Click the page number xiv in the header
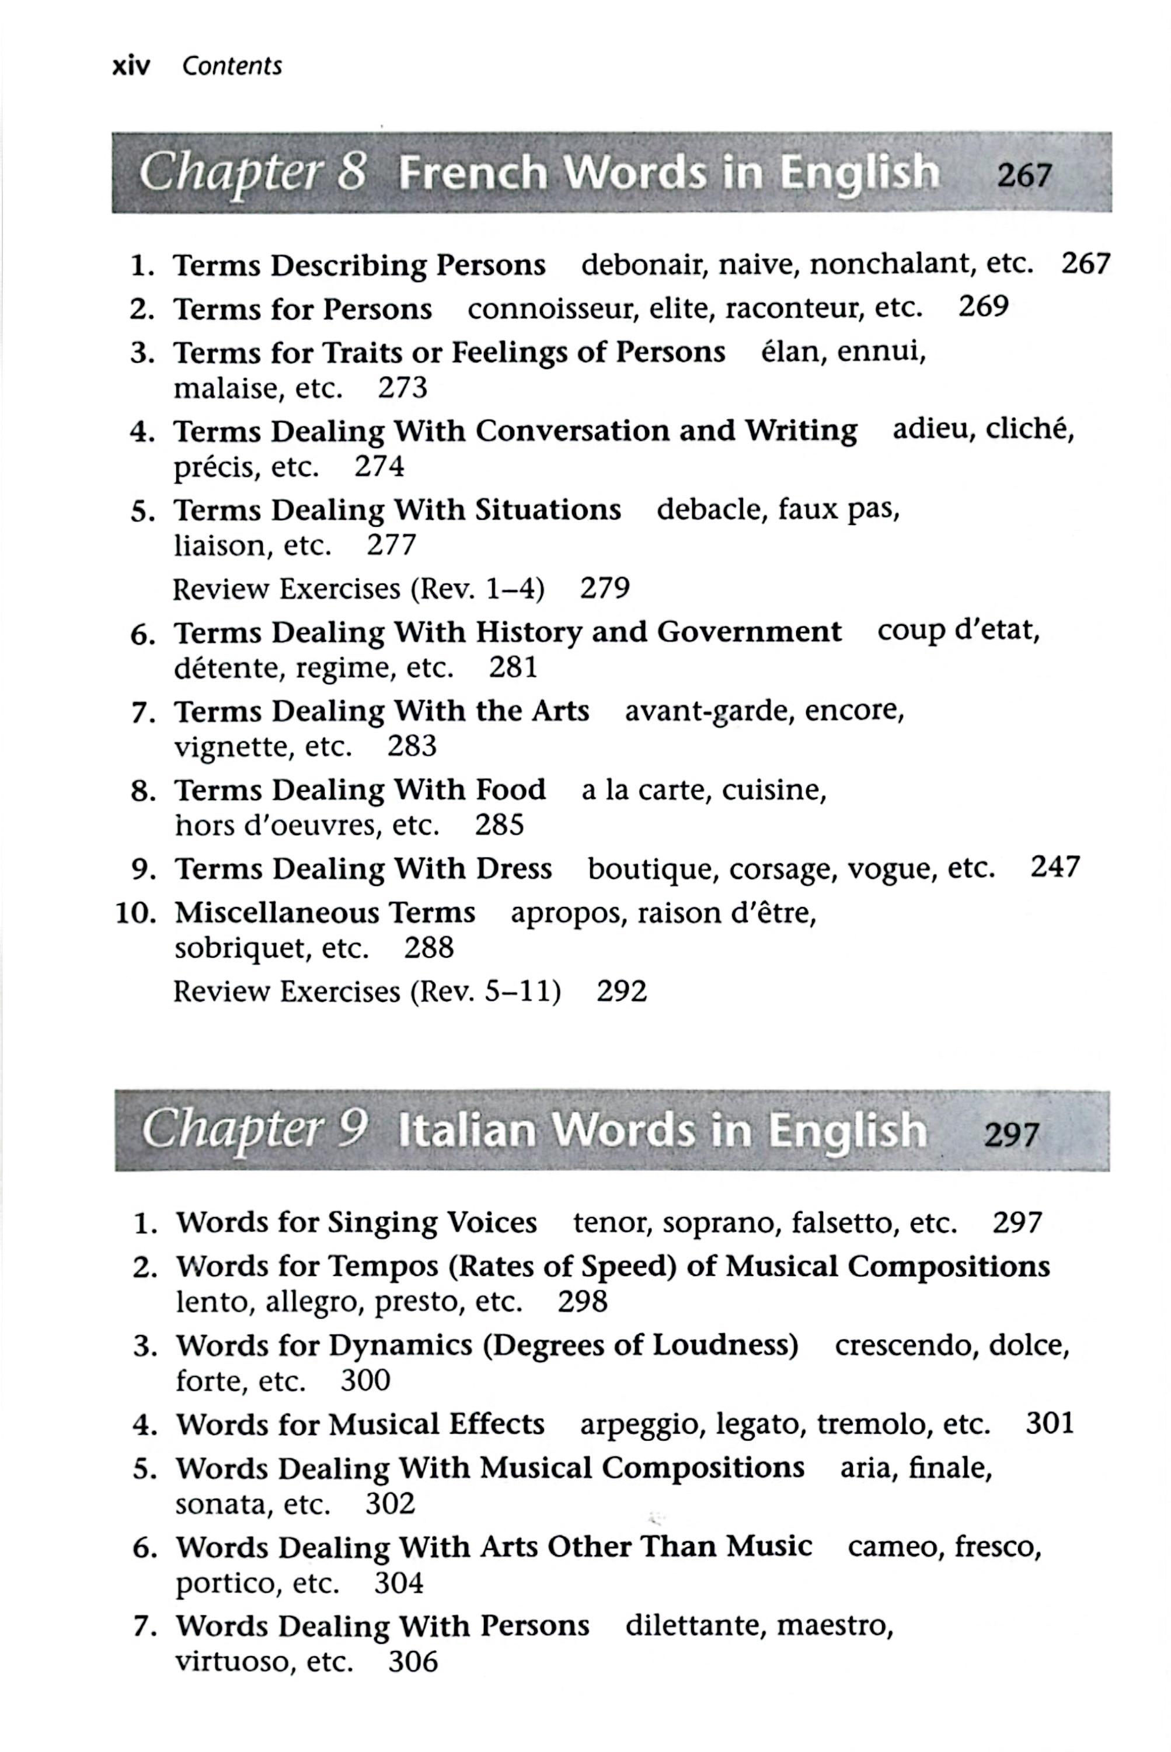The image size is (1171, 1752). pyautogui.click(x=131, y=67)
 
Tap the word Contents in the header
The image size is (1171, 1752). pyautogui.click(x=232, y=67)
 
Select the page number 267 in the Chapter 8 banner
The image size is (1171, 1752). pyautogui.click(x=1024, y=176)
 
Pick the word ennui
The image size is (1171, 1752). pyautogui.click(x=881, y=351)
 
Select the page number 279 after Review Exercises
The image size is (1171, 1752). pyautogui.click(x=604, y=588)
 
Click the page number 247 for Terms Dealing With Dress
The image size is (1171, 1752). pyautogui.click(x=1054, y=867)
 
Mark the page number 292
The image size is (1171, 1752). pyautogui.click(x=621, y=992)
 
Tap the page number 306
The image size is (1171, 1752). pyautogui.click(x=412, y=1661)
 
